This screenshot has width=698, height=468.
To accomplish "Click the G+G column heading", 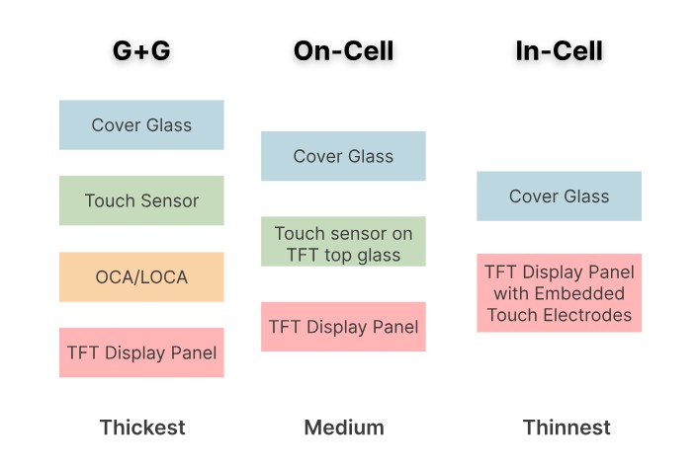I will pos(141,51).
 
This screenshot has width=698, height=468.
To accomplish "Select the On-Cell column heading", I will pos(343,51).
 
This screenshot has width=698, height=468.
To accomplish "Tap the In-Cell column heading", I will pos(559,51).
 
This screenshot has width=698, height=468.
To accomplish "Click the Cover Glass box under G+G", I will pos(141,125).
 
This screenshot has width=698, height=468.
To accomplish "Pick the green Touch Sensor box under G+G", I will pos(141,200).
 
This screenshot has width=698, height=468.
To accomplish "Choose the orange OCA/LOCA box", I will pos(141,276).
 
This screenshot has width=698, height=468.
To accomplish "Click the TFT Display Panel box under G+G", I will pos(141,352).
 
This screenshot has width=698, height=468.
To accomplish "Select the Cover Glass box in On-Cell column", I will pos(343,156).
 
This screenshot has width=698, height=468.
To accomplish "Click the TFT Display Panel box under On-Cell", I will pos(343,327).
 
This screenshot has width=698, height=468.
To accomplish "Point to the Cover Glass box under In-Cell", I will pos(559,196).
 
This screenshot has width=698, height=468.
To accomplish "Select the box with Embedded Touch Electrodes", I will pos(559,293).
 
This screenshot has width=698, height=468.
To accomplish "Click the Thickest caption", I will pos(141,428).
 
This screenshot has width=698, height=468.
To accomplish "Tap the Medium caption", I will pos(343,428).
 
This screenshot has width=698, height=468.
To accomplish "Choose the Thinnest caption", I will pos(566,428).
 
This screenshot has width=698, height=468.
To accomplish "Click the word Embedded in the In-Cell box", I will pos(578,293).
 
